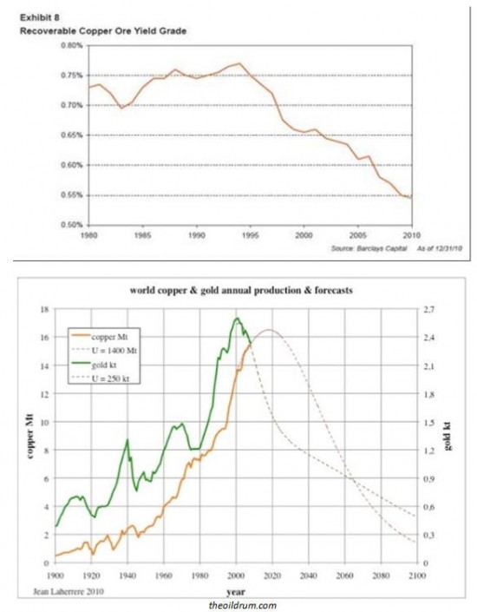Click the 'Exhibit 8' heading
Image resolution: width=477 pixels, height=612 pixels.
coord(36,17)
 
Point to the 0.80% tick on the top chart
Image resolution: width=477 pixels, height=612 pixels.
coord(70,45)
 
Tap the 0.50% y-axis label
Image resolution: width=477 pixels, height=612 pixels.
coord(70,225)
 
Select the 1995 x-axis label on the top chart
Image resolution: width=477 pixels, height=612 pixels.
coord(250,234)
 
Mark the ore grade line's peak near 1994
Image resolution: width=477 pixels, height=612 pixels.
coord(238,63)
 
